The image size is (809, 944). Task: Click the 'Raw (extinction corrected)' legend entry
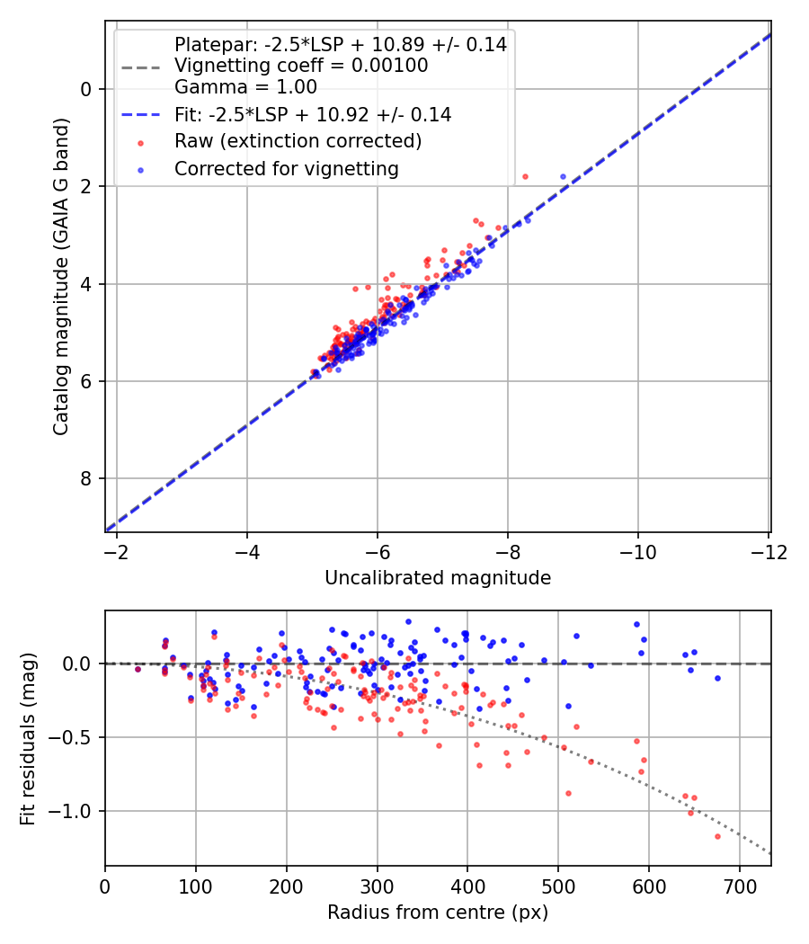point(298,141)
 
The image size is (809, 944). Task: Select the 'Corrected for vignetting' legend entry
point(286,168)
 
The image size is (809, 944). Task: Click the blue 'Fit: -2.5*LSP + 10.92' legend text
point(313,115)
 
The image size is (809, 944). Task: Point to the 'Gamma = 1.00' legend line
point(245,88)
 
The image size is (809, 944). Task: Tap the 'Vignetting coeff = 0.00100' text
point(301,66)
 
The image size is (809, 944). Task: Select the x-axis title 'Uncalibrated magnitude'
point(438,578)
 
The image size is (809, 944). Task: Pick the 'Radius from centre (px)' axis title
point(438,913)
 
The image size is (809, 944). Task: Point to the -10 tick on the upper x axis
point(638,551)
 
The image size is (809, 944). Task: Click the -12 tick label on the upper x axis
point(769,551)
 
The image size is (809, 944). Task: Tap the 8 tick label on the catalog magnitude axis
point(86,478)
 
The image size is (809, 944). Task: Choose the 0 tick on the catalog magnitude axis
point(86,88)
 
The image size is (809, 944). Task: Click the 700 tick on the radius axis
point(739,886)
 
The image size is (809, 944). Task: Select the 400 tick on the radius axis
point(467,886)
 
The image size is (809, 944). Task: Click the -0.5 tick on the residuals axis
point(77,737)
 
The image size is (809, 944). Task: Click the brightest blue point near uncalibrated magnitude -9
point(563,176)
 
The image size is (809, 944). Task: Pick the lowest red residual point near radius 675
point(717,836)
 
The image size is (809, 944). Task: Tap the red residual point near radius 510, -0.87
point(568,793)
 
